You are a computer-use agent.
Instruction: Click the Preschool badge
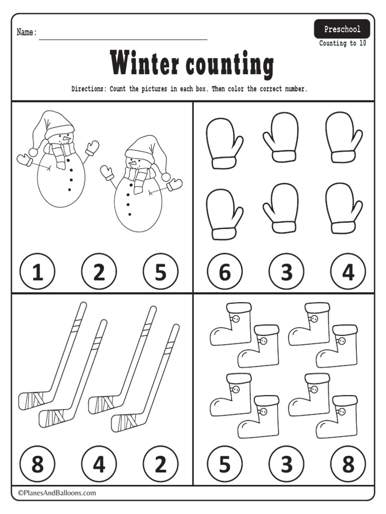(342, 30)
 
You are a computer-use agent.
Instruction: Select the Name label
(27, 33)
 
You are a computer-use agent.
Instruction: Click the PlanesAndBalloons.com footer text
(57, 493)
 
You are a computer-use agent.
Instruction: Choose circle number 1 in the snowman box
(37, 273)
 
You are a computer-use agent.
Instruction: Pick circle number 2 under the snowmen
(99, 273)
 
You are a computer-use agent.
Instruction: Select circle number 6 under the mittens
(225, 273)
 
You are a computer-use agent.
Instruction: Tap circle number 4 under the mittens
(348, 273)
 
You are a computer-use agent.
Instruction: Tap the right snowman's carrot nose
(132, 162)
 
